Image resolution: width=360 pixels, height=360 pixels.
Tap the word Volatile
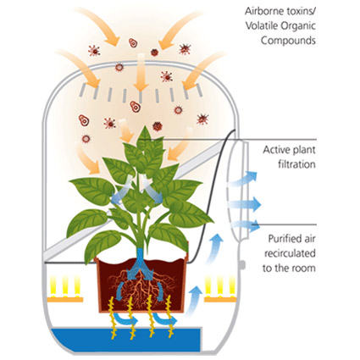[x=262, y=26]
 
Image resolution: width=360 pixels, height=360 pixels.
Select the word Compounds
[x=288, y=41]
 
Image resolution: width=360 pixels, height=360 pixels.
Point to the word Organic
[x=298, y=26]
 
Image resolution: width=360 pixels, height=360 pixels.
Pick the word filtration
[x=296, y=164]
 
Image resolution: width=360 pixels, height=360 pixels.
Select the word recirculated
[x=290, y=253]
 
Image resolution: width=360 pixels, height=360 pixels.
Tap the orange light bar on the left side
[x=65, y=299]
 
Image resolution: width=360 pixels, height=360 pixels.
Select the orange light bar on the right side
[x=220, y=299]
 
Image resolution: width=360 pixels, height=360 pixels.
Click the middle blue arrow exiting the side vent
[x=245, y=204]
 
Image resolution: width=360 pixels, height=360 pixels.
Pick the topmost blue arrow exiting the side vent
[x=243, y=179]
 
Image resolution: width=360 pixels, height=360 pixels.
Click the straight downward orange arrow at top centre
[x=141, y=72]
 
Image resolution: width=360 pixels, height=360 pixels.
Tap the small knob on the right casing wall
[x=242, y=265]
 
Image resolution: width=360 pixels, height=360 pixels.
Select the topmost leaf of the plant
[x=145, y=137]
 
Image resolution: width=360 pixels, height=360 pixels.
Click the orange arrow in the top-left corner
[x=99, y=26]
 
